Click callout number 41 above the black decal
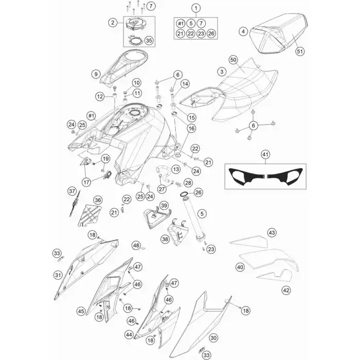(x=265, y=154)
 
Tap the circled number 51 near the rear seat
(x=301, y=51)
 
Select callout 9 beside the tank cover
(x=95, y=75)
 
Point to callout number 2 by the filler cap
(x=112, y=22)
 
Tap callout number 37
(x=72, y=191)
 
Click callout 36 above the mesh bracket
(x=98, y=200)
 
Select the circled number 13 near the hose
(x=175, y=169)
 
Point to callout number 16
(x=177, y=128)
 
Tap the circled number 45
(x=81, y=311)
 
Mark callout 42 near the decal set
(x=286, y=290)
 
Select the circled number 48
(x=136, y=246)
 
